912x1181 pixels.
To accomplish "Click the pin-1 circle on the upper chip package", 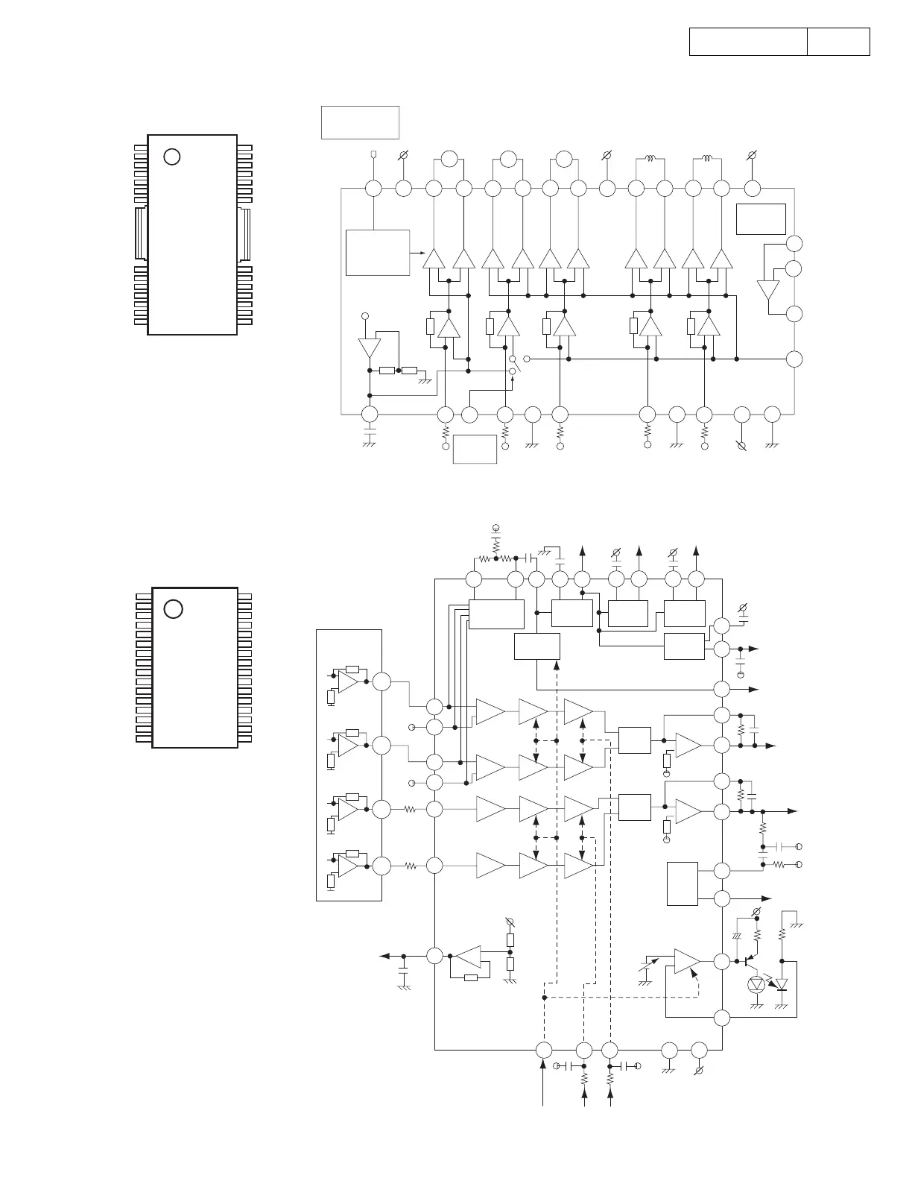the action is pos(172,157).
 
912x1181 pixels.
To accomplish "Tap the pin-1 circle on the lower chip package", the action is pos(173,608).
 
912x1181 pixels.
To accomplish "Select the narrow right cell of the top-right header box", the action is pos(838,42).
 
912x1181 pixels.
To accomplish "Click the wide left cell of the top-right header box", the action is pos(748,42).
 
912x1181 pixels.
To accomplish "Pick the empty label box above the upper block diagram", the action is pos(360,122).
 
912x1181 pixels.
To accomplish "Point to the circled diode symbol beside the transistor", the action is pos(758,984).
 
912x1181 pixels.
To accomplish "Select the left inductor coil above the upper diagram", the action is pos(650,159).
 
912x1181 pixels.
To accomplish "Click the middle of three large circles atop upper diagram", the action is pos(508,159).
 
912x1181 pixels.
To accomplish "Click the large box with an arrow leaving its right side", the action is pos(378,253).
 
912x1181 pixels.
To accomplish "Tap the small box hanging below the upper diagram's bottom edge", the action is pos(475,449).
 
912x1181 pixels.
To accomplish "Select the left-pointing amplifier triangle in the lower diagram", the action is pos(467,956).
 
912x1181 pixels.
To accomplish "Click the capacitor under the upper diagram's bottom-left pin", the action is pos(368,434).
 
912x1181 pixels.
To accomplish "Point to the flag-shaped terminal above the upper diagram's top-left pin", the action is pos(373,155).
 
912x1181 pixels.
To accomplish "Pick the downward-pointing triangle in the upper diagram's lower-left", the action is pos(369,348).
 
